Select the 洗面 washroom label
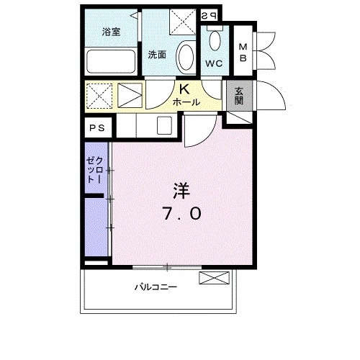coord(158,54)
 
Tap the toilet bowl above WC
coord(215,40)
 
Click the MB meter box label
coord(244,53)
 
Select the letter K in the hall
coord(184,90)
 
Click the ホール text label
coord(185,103)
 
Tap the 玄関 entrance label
coord(238,96)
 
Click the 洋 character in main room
coord(181,191)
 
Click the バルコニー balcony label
coord(156,287)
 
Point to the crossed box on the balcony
coord(215,277)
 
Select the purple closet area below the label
coord(95,227)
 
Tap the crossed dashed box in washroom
coord(183,21)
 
